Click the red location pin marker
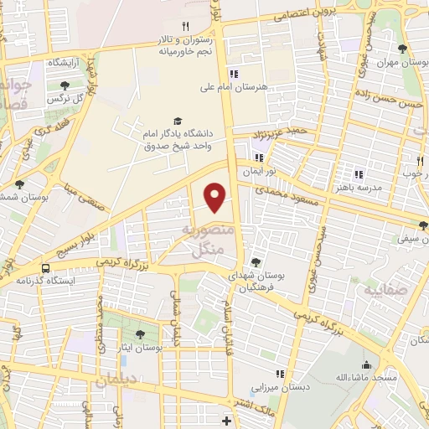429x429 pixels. pyautogui.click(x=215, y=197)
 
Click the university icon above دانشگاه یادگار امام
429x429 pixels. pyautogui.click(x=177, y=121)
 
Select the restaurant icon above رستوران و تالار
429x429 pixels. pyautogui.click(x=186, y=26)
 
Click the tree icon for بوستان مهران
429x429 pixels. pyautogui.click(x=402, y=49)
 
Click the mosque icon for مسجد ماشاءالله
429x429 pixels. pyautogui.click(x=366, y=364)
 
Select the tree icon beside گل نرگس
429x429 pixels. pyautogui.click(x=65, y=85)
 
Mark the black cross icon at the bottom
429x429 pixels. pyautogui.click(x=225, y=420)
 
